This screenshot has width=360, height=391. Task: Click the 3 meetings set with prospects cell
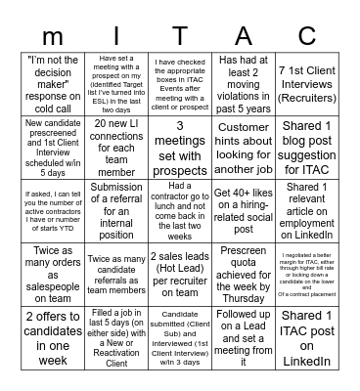[x=181, y=139]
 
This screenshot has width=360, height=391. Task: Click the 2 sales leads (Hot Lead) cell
[x=181, y=261]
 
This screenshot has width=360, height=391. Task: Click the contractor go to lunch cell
[x=181, y=200]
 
